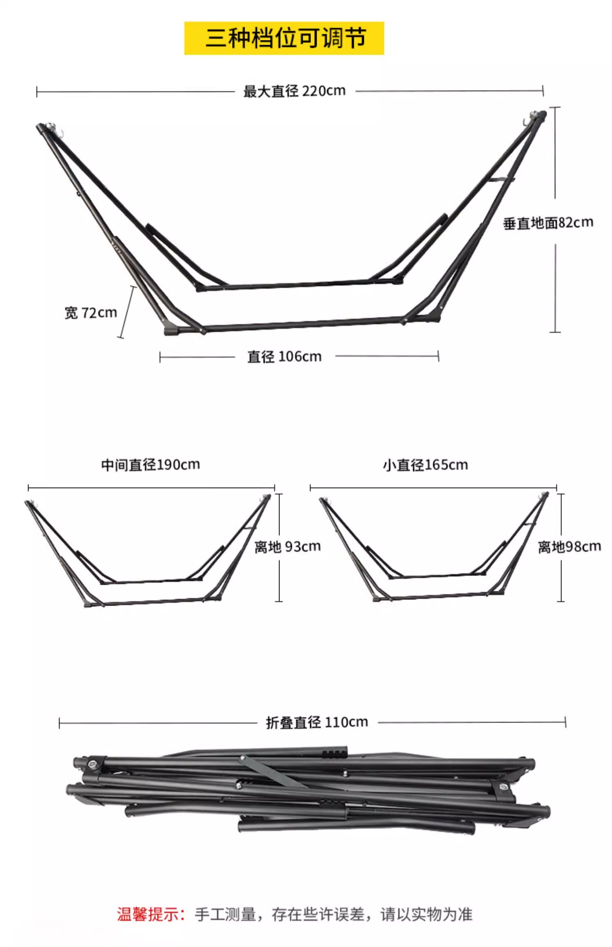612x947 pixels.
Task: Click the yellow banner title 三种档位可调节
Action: [x=284, y=38]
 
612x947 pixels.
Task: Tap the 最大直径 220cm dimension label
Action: [x=294, y=91]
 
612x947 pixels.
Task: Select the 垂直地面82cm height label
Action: [x=548, y=223]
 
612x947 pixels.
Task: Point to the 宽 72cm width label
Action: [x=91, y=313]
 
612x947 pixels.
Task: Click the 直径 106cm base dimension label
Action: [x=284, y=356]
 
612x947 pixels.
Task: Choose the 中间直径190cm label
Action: [x=151, y=465]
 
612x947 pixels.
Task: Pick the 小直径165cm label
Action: [x=425, y=465]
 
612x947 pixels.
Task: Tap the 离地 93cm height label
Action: [x=288, y=547]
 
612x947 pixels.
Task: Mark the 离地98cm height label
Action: [x=569, y=547]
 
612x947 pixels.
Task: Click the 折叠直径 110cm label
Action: [x=317, y=722]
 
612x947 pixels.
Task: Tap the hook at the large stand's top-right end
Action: [x=526, y=122]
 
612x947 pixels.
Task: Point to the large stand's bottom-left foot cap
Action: [x=172, y=330]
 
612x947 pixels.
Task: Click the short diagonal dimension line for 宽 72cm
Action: [x=127, y=312]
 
